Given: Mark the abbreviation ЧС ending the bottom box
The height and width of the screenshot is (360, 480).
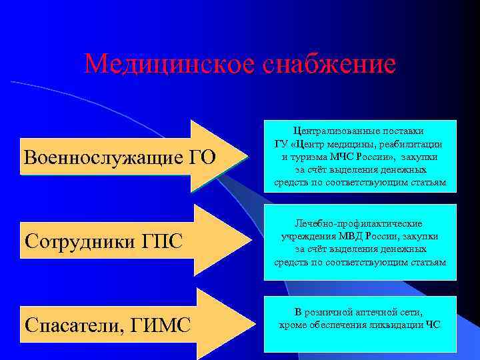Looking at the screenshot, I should coord(433,325).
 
